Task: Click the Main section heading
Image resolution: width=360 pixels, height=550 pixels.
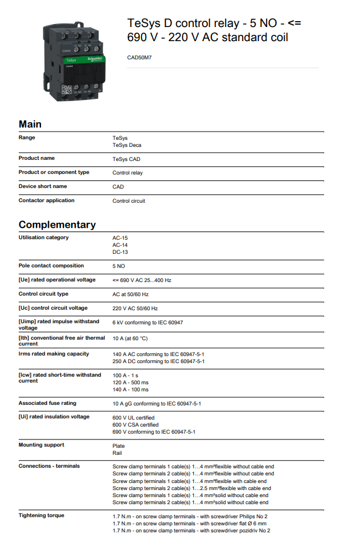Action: point(30,124)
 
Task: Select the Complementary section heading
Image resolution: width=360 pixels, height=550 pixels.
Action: point(57,224)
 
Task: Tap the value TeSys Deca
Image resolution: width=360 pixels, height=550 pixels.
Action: point(127,145)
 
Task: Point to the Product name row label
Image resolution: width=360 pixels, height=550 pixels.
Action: point(36,158)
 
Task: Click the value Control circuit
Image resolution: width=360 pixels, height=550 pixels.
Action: point(129,201)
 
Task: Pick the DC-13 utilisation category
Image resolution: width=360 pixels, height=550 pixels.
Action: point(120,252)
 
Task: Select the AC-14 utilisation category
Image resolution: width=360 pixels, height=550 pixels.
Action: point(120,245)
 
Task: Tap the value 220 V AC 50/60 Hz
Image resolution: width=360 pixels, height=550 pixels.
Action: point(135,308)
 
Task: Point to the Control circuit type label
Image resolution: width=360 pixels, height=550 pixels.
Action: point(43,294)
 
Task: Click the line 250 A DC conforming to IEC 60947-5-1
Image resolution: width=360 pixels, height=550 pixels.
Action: point(159,361)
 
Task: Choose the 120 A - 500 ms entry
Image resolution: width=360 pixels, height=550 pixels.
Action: point(130,382)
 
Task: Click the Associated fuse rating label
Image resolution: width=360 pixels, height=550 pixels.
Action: point(48,403)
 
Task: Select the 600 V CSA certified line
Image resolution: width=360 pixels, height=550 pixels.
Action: point(136,424)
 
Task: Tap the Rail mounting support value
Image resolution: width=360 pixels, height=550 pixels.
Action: point(117,453)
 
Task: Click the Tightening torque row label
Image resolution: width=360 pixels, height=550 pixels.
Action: point(42,515)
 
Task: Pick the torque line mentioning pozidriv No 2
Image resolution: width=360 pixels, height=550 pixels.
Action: point(191,531)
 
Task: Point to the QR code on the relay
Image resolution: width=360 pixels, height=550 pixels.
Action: point(66,90)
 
